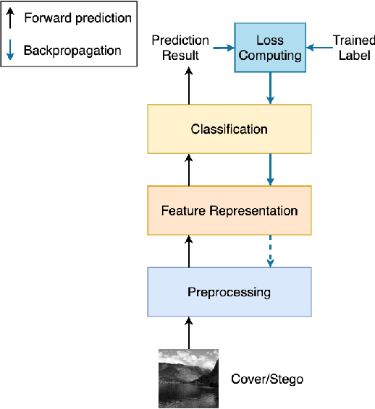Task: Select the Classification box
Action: [229, 129]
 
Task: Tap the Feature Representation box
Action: [229, 210]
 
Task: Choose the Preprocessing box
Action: [229, 292]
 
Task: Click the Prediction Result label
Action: [180, 48]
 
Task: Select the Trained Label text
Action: [352, 48]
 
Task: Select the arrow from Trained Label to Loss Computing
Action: [318, 48]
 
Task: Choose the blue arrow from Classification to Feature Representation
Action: [270, 170]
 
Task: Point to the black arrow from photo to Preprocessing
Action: [189, 332]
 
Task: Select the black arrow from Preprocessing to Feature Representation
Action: [189, 251]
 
